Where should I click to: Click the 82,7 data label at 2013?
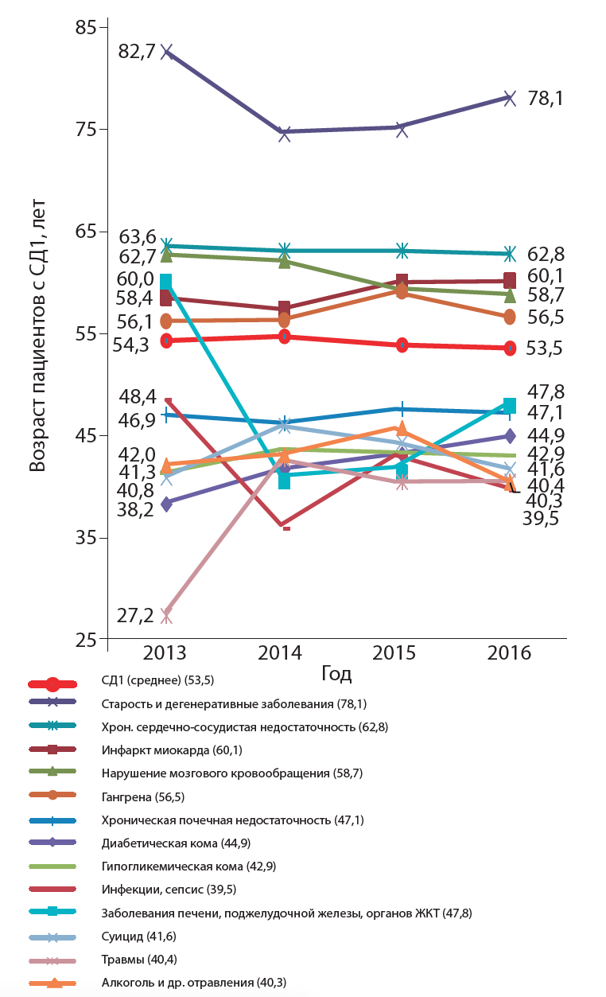click(136, 53)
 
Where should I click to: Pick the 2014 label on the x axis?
click(280, 653)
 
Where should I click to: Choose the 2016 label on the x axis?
click(510, 653)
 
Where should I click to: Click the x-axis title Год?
click(336, 674)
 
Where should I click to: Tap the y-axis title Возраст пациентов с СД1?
click(37, 335)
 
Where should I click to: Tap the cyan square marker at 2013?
click(166, 282)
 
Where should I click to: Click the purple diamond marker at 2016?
click(510, 436)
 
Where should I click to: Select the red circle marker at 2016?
click(510, 349)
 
